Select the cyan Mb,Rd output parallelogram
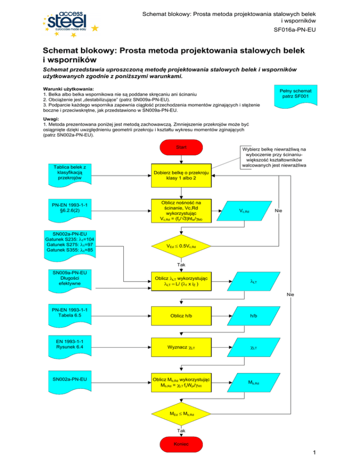(253, 383)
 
